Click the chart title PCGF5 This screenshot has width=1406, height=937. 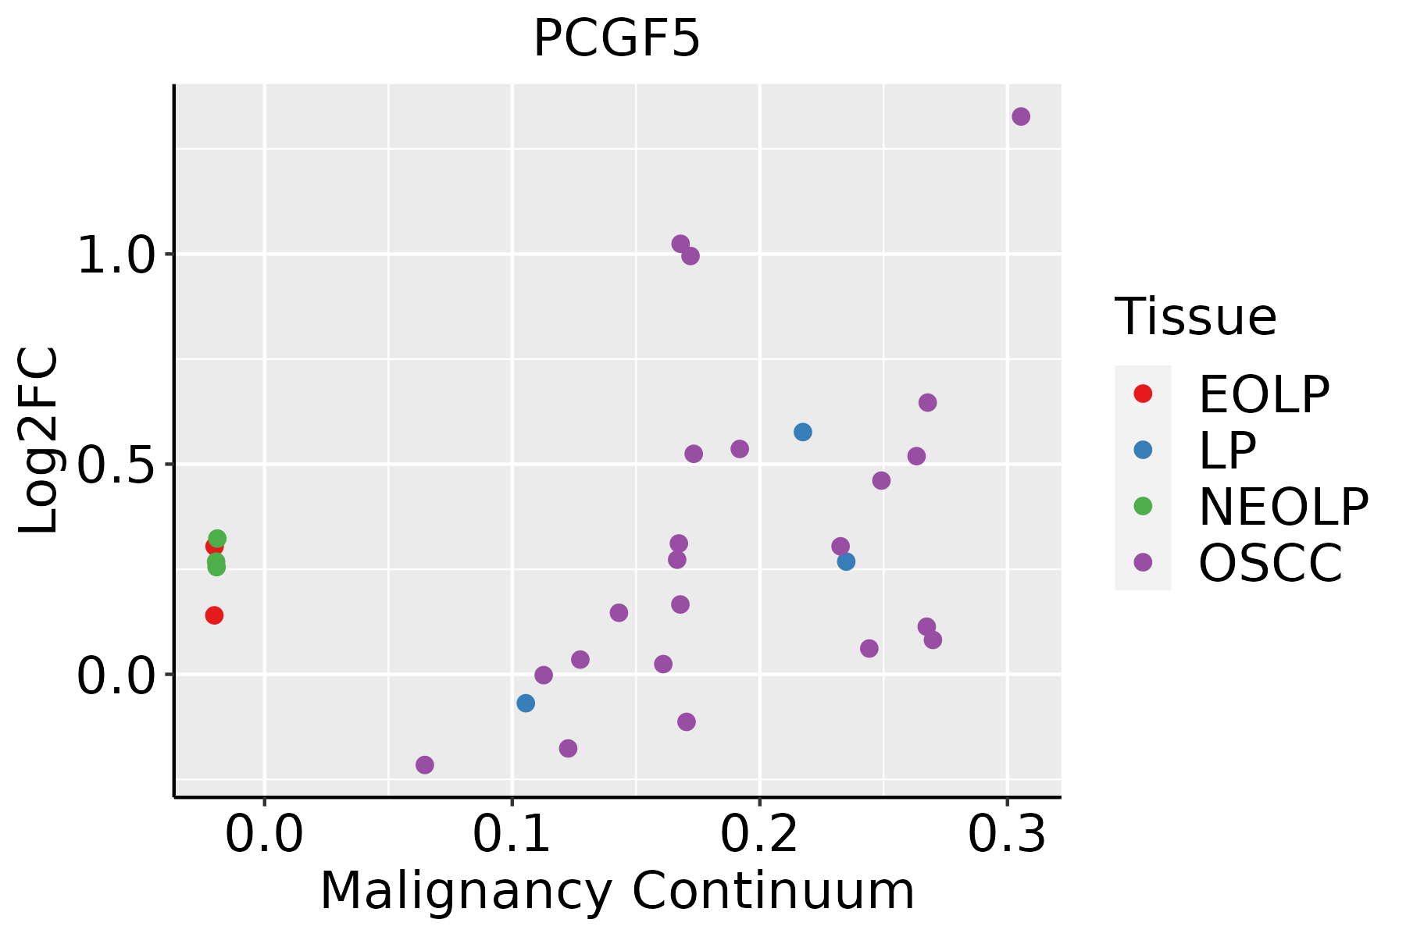[616, 39]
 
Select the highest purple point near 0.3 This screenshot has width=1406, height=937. [1020, 116]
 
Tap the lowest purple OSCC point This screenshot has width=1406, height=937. [424, 764]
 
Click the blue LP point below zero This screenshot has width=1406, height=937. [526, 703]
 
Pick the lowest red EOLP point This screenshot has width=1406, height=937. [214, 615]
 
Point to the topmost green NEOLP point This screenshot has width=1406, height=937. [217, 538]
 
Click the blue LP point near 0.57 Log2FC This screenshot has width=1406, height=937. [802, 432]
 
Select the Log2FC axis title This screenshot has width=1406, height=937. [39, 441]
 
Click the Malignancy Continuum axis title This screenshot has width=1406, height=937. [617, 891]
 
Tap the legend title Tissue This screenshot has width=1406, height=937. [1195, 317]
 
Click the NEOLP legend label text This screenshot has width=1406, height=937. [1283, 507]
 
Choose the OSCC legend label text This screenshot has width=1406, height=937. [1270, 563]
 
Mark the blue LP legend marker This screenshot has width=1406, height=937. [1143, 450]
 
